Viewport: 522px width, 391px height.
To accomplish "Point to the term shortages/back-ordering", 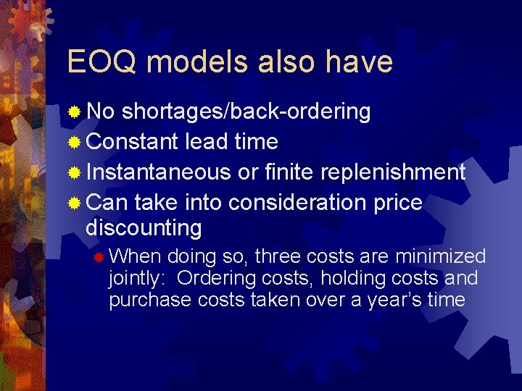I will (246, 112).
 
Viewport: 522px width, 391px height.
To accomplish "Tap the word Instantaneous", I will (159, 172).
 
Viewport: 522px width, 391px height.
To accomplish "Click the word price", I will (397, 203).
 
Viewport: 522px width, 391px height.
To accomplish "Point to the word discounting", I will (144, 228).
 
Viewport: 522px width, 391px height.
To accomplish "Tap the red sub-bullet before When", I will (100, 257).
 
